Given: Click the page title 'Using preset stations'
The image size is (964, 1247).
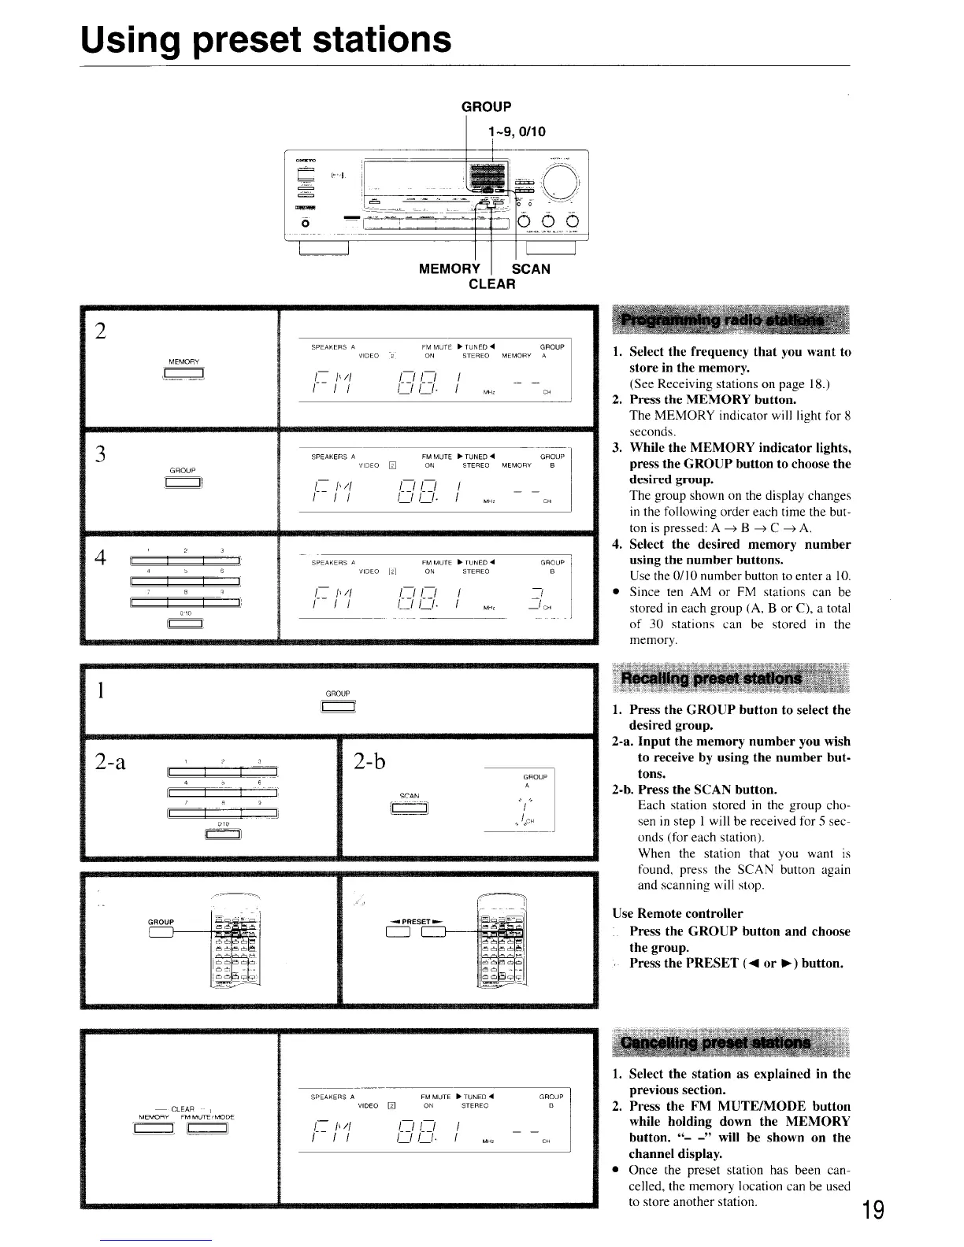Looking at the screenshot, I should pos(266,39).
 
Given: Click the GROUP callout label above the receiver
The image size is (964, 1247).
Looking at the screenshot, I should pos(486,106).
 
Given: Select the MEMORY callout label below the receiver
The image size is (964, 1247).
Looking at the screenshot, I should pos(449,268).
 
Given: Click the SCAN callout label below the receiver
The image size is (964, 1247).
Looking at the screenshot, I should pos(531,268).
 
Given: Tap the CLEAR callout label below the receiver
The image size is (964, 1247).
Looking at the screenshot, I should pos(491,283).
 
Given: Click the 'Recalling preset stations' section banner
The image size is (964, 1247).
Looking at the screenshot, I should pos(711,678).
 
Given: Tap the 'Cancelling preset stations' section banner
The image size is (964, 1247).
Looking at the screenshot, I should pos(715,1042).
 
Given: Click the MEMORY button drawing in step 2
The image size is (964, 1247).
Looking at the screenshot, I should pos(183,374).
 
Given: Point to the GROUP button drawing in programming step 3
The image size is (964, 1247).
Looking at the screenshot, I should pos(183,483).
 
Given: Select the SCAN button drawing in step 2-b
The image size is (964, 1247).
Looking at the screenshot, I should pos(409,809).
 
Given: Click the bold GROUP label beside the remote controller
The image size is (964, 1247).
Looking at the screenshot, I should pos(161,921).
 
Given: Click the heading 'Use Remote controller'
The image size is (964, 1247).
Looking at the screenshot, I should pos(677,913).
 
